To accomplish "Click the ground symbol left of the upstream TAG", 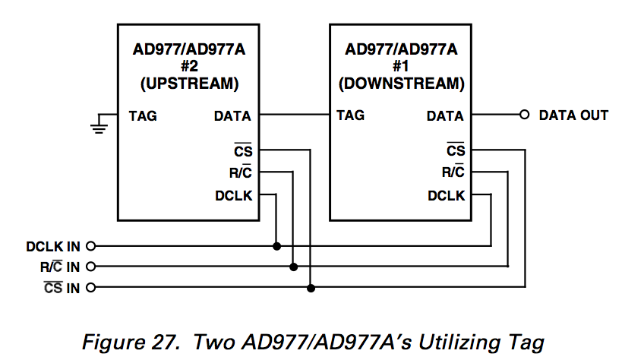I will tap(98, 123).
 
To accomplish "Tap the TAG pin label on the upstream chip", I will tap(144, 116).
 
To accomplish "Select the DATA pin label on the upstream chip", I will tap(232, 116).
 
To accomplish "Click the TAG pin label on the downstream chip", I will tap(350, 115).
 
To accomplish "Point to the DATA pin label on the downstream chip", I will tap(445, 116).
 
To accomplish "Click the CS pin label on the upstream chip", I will tap(243, 151).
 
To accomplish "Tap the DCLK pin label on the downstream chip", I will tap(446, 195).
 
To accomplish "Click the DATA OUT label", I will tap(573, 115).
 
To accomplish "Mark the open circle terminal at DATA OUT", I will tap(523, 115).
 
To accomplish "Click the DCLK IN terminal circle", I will tap(92, 246).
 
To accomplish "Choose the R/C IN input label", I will tap(60, 267).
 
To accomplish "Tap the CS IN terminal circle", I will tap(92, 288).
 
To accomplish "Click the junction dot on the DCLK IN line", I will tap(276, 246).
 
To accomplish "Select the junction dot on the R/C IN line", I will tap(294, 267).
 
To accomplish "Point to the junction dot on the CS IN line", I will tap(311, 288).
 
